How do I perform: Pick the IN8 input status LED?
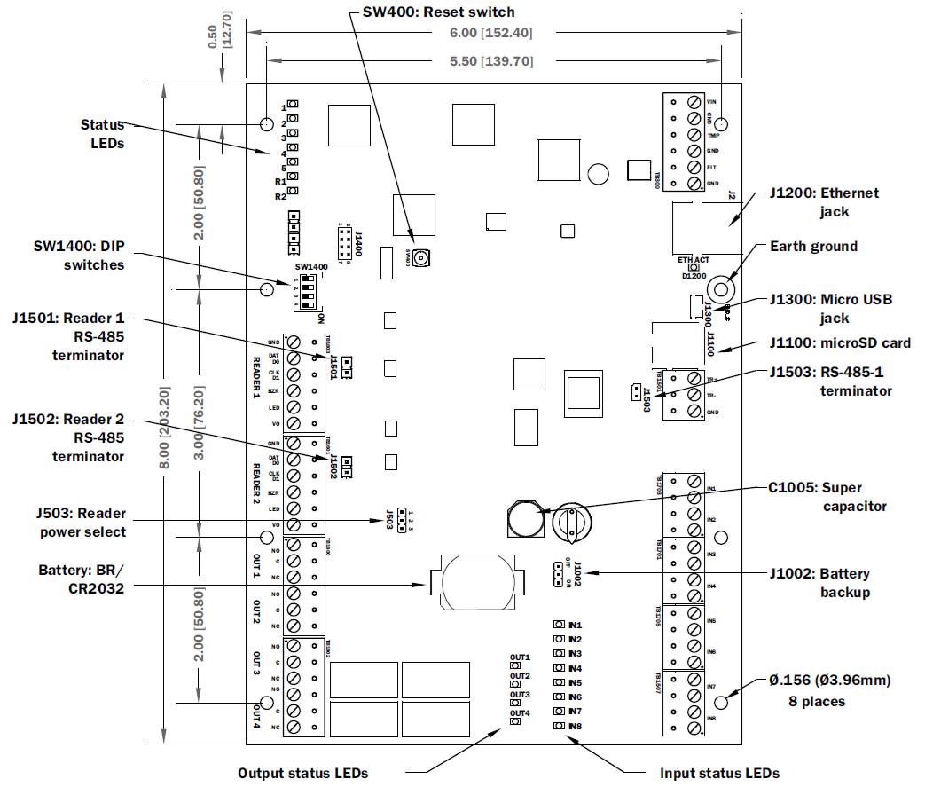coord(559,726)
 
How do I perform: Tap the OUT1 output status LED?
coord(514,666)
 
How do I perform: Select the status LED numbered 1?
coord(292,107)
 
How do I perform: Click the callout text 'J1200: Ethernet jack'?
coord(824,201)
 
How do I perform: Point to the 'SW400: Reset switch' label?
coord(438,12)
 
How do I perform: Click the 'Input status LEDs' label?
coord(719,773)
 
